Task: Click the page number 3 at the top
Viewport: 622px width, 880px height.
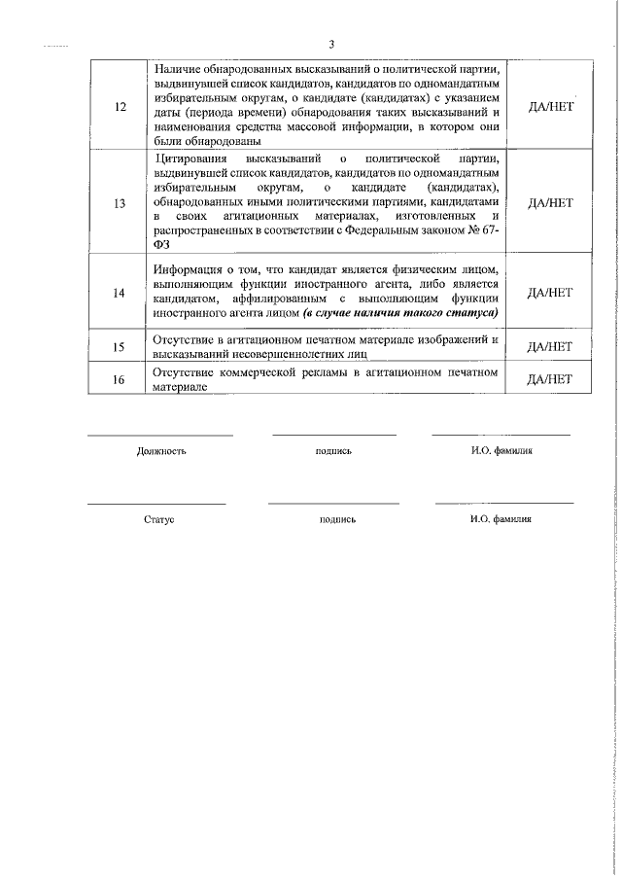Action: point(331,44)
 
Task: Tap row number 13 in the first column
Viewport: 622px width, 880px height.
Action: point(119,203)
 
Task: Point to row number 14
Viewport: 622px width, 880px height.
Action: point(119,292)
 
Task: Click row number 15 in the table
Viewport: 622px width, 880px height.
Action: point(119,346)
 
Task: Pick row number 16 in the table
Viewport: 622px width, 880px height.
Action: point(119,379)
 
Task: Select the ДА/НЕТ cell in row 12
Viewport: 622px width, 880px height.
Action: point(549,106)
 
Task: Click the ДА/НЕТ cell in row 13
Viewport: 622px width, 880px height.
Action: point(549,203)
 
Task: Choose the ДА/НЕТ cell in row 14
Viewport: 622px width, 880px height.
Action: point(549,292)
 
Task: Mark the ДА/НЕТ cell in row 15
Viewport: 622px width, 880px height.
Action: point(549,346)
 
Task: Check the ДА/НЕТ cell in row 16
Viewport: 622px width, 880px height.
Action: point(549,379)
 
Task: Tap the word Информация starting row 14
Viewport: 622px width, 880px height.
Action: point(190,268)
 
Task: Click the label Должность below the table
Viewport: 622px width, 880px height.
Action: point(161,451)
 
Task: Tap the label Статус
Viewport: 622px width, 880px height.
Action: point(158,519)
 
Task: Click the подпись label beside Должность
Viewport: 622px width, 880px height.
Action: point(333,451)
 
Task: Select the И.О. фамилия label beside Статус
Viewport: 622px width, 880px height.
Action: point(501,519)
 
